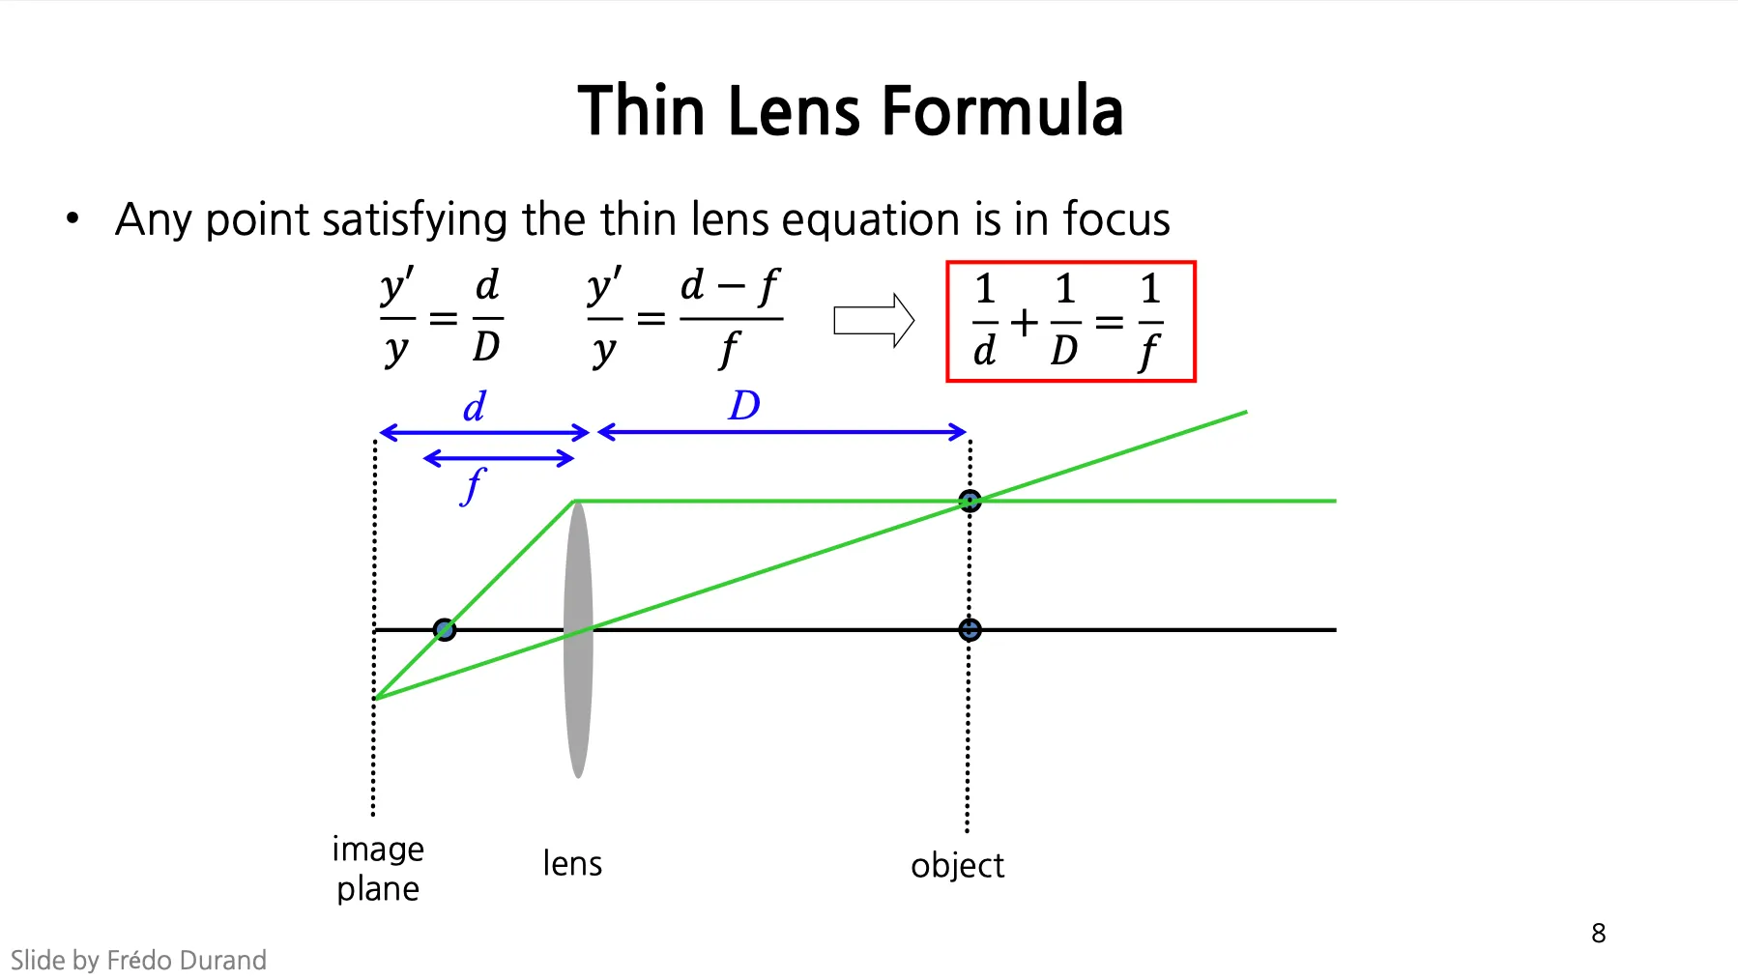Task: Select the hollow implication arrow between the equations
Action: pos(874,320)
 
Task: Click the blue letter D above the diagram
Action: pos(744,406)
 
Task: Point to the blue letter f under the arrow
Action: pos(473,485)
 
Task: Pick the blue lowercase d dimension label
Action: pos(474,407)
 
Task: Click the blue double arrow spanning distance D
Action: pos(782,432)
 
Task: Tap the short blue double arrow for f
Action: pos(499,458)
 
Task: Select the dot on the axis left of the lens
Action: pos(445,630)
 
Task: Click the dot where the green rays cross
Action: pos(970,501)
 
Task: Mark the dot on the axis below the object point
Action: pos(970,630)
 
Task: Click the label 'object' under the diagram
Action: pos(957,866)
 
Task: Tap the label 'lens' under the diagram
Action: pos(572,863)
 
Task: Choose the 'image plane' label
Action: pos(378,868)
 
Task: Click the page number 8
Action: pos(1598,933)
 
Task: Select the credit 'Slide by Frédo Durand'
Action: pos(138,960)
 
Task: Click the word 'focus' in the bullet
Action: pos(1116,219)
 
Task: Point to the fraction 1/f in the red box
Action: pos(1149,321)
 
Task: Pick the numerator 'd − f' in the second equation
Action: pos(730,286)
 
